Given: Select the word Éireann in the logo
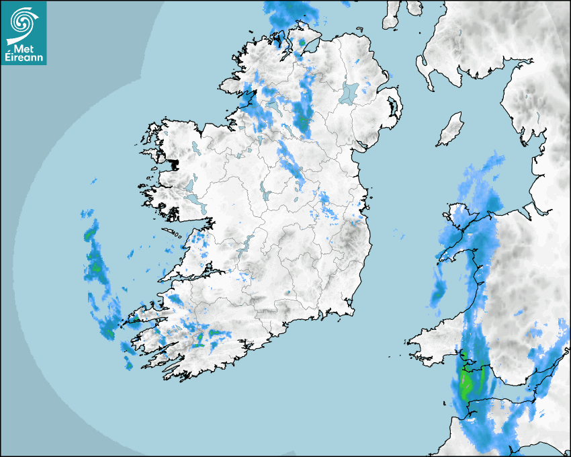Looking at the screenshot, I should tap(26, 58).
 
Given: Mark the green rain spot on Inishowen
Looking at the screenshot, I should tap(302, 42).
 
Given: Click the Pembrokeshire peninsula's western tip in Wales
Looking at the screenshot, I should tap(411, 341).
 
